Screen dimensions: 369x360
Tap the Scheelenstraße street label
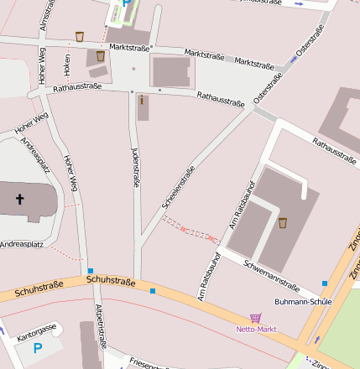tap(177, 187)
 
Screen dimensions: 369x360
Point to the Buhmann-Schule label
tap(302, 301)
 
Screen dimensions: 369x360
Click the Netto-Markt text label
tap(255, 329)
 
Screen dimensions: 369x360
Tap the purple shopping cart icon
tap(255, 318)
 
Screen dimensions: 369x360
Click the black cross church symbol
tap(20, 200)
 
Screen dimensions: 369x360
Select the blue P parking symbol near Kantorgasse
tap(37, 347)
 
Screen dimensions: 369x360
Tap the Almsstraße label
tap(43, 16)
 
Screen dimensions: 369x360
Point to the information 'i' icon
tap(142, 101)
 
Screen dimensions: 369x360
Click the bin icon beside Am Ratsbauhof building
tap(283, 222)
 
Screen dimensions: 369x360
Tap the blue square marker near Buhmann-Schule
tap(325, 283)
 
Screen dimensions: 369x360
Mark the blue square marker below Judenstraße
tap(153, 291)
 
